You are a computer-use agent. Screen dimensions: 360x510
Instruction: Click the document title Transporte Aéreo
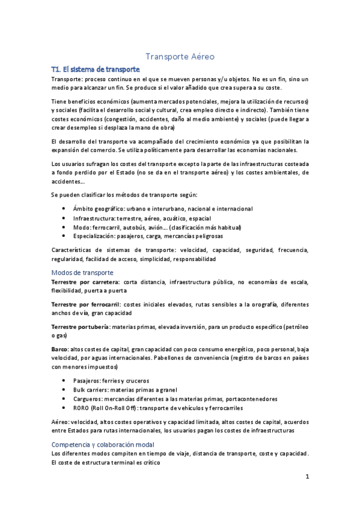(x=180, y=57)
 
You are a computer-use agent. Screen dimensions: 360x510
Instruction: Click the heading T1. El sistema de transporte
(x=96, y=69)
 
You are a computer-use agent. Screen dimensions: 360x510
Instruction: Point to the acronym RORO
(x=81, y=408)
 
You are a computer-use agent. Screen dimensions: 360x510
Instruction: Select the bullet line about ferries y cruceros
(x=111, y=381)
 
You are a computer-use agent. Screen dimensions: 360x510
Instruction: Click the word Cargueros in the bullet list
(x=88, y=399)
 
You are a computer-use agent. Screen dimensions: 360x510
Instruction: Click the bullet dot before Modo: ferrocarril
(x=64, y=228)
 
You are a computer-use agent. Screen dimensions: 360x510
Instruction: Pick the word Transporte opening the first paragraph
(x=67, y=79)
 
